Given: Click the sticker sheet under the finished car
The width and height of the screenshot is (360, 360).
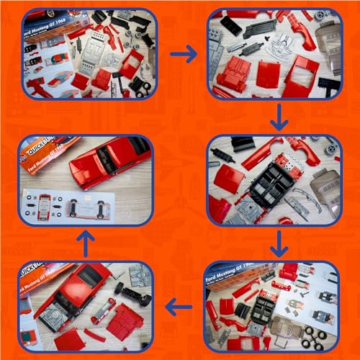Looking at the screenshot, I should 79,204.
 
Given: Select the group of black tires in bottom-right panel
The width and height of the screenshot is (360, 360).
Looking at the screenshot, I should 316,335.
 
